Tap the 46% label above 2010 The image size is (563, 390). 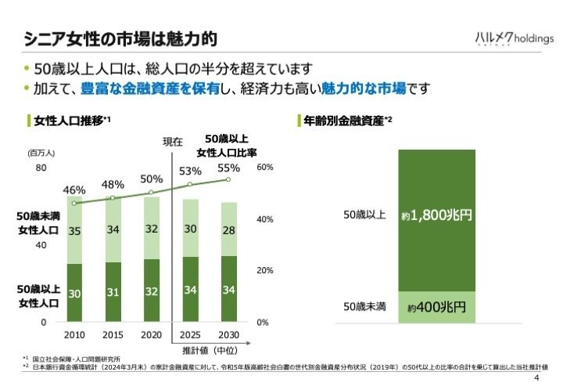point(74,190)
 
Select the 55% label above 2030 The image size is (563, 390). point(228,168)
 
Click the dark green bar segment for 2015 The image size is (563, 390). point(113,291)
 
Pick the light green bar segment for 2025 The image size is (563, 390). point(190,229)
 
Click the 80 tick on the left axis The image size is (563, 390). point(41,168)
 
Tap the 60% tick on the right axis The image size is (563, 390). point(264,168)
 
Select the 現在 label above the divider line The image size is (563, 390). point(172,142)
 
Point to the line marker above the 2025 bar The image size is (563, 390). point(190,185)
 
